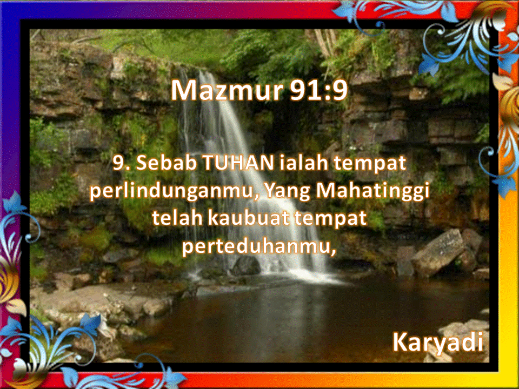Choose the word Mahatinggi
click(370, 191)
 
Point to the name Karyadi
click(437, 342)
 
